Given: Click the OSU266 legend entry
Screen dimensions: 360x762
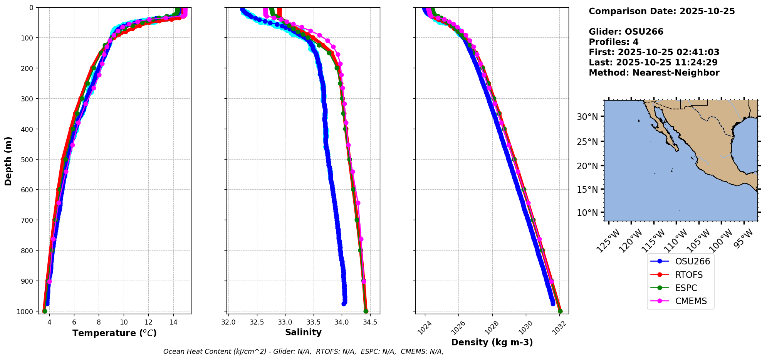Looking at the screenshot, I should click(680, 261).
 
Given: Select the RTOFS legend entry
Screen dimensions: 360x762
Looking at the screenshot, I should click(680, 275).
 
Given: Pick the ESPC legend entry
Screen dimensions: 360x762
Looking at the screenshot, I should click(680, 288).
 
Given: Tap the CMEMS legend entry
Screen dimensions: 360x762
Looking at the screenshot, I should click(680, 301).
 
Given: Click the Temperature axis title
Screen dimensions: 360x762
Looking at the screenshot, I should click(114, 333).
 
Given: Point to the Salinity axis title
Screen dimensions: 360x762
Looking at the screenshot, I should click(303, 332).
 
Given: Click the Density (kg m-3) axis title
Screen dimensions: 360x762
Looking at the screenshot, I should click(492, 342).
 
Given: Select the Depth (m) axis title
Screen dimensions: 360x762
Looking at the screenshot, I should click(8, 161).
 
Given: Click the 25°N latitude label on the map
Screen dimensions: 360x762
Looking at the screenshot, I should click(587, 141).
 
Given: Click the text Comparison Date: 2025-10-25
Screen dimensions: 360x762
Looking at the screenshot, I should click(661, 11).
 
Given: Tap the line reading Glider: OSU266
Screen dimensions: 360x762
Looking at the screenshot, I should click(626, 32).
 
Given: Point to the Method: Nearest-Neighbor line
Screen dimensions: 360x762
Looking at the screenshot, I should click(654, 72).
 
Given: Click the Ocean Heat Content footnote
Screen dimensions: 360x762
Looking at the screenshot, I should click(303, 352).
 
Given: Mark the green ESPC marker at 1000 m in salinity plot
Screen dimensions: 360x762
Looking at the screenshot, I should click(366, 311).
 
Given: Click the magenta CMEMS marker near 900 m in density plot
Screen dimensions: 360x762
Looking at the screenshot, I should click(551, 281).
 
